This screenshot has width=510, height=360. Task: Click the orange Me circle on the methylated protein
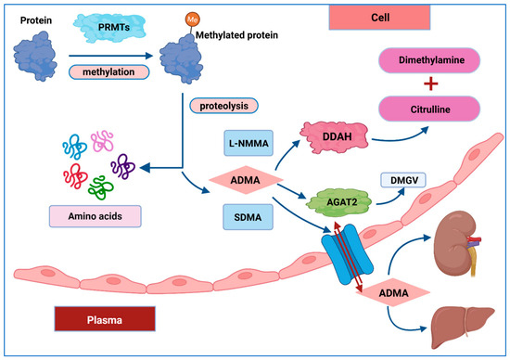[x=193, y=19]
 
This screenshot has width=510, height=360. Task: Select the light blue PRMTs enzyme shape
[x=109, y=28]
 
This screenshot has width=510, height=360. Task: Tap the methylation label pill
[x=109, y=72]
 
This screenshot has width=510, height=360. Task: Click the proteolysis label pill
[x=223, y=106]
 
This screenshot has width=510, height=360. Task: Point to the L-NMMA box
[x=249, y=143]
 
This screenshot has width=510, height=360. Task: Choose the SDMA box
[x=248, y=217]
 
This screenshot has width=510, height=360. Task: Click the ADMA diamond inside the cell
[x=246, y=180]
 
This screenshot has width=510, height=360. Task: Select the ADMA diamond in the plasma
[x=393, y=292]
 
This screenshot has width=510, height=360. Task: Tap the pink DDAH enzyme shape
[x=335, y=137]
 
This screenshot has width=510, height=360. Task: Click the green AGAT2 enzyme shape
[x=338, y=202]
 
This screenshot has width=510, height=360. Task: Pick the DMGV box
[x=403, y=180]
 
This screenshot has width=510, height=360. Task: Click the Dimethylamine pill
[x=429, y=60]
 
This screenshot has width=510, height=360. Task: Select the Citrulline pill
[x=429, y=109]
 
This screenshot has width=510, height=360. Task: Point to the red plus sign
[x=430, y=84]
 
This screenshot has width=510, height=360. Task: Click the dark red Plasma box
[x=105, y=319]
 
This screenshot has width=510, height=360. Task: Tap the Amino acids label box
[x=95, y=216]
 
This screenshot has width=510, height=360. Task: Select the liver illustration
[x=462, y=327]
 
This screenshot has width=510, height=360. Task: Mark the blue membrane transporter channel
[x=347, y=254]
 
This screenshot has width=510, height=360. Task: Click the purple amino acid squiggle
[x=123, y=166]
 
